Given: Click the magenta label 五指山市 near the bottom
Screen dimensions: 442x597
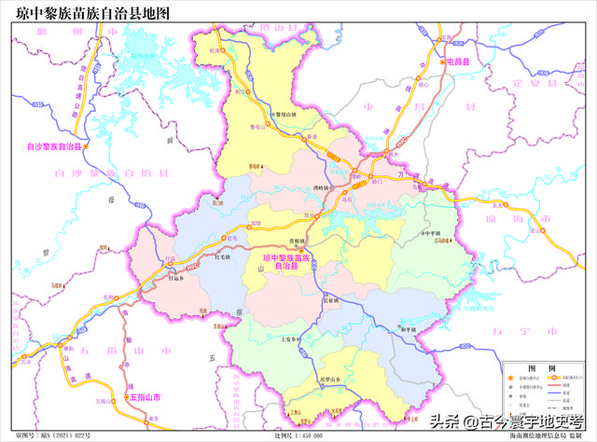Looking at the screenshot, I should coord(145,397).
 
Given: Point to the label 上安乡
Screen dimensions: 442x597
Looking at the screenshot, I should coord(288,340).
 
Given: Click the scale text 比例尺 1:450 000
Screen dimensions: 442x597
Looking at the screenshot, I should coord(298,435).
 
